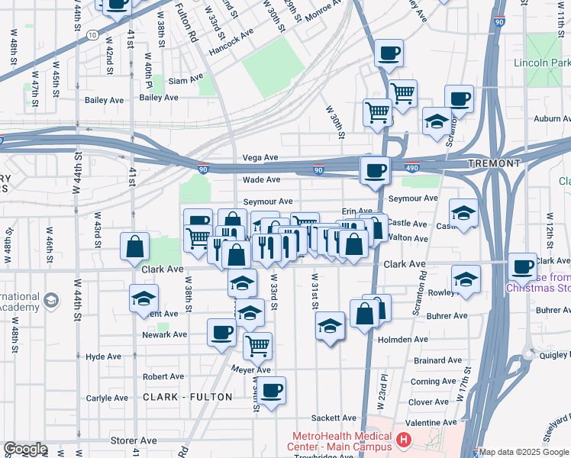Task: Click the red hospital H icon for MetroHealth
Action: tap(403, 440)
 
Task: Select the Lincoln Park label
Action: tap(541, 63)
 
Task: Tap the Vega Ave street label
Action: tap(260, 157)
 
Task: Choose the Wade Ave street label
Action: tap(261, 180)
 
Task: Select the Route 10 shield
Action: tap(92, 35)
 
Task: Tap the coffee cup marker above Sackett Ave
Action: tap(271, 391)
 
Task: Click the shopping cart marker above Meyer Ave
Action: tap(257, 345)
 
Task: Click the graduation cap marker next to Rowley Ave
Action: tap(465, 279)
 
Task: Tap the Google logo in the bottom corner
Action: tap(25, 449)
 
